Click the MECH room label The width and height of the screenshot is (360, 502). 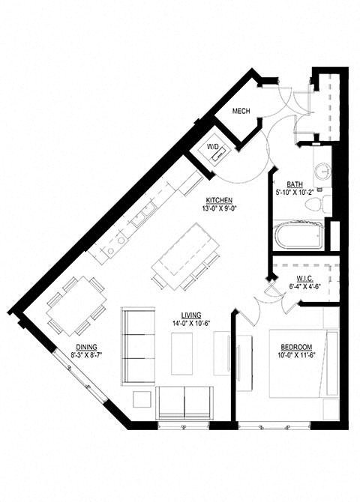point(241,112)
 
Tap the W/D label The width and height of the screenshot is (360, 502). point(213,147)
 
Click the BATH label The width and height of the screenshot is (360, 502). point(295,184)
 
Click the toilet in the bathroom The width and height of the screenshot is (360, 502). point(318,202)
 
